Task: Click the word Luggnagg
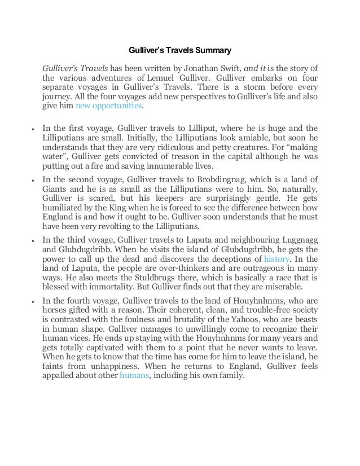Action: coord(298,239)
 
